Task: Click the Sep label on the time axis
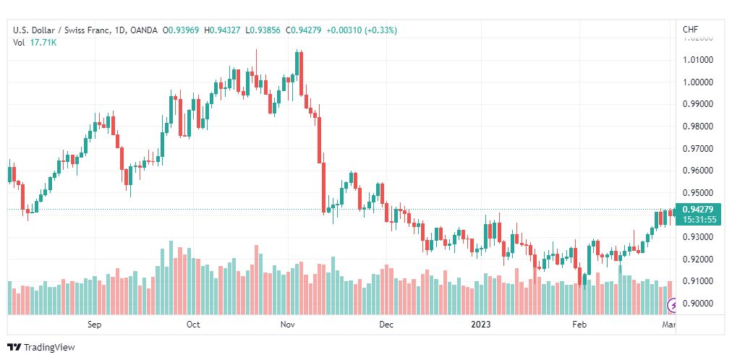coord(95,325)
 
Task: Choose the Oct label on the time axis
coord(193,325)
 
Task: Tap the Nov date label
coord(288,325)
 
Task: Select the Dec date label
coord(386,325)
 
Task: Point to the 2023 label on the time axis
coord(481,325)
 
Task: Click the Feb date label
coord(579,325)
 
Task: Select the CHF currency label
coord(690,30)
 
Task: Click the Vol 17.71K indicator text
coord(35,43)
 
